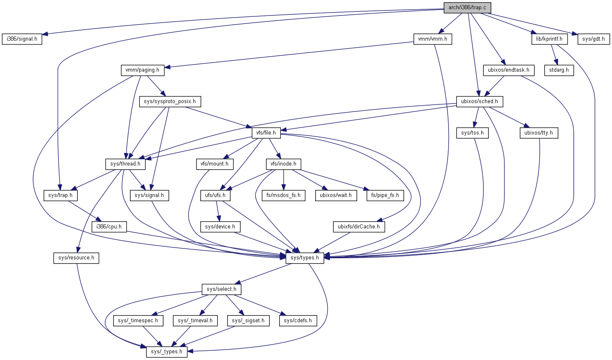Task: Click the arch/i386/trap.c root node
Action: [x=467, y=8]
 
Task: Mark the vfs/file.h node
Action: [x=266, y=133]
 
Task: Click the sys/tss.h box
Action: [x=472, y=133]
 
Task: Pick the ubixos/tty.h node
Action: [x=539, y=133]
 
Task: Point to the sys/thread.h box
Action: [x=125, y=164]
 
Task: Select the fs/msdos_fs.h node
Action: [x=283, y=195]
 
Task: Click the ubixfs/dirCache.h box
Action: [x=358, y=227]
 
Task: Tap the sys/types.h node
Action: [x=305, y=258]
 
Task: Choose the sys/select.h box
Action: [x=221, y=289]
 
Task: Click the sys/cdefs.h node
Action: [x=298, y=321]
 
